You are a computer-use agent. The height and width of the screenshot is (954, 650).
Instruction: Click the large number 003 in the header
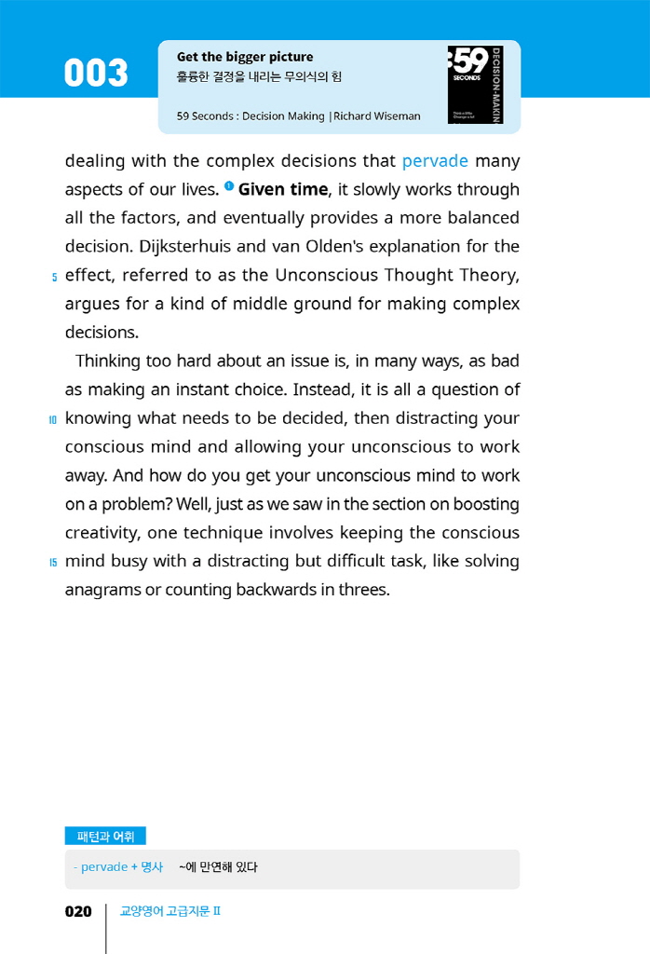pyautogui.click(x=96, y=74)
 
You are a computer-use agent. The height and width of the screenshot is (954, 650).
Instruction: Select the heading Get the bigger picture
pyautogui.click(x=245, y=57)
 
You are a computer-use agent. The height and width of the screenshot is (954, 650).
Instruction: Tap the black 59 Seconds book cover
pyautogui.click(x=475, y=85)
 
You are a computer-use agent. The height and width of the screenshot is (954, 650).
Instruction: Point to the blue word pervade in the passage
pyautogui.click(x=435, y=161)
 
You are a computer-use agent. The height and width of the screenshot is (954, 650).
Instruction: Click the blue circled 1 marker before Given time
pyautogui.click(x=228, y=187)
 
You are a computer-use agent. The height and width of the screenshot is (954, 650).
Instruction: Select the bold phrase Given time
pyautogui.click(x=283, y=189)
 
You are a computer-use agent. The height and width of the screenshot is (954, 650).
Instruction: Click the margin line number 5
pyautogui.click(x=54, y=277)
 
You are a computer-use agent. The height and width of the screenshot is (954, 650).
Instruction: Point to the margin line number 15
pyautogui.click(x=53, y=563)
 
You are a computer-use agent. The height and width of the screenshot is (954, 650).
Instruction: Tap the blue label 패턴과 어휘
pyautogui.click(x=105, y=837)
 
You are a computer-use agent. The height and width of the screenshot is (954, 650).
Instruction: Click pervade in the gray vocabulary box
pyautogui.click(x=104, y=867)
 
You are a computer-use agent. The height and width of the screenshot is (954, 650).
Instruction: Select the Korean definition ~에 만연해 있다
pyautogui.click(x=218, y=867)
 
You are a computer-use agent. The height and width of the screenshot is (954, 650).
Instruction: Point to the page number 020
pyautogui.click(x=78, y=912)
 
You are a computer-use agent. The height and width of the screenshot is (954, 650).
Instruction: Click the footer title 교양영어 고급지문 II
pyautogui.click(x=170, y=912)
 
